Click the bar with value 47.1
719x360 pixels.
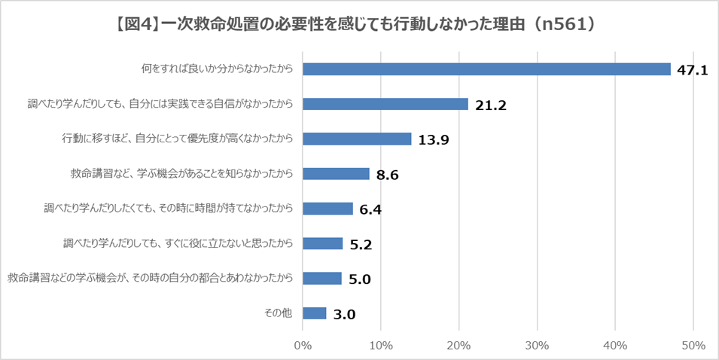tap(486, 69)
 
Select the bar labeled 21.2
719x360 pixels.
tap(385, 104)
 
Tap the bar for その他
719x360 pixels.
tap(314, 313)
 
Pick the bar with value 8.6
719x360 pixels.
tap(336, 174)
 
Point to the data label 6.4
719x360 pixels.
tap(371, 210)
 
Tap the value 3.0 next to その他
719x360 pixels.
tap(345, 315)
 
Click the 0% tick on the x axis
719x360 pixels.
tap(303, 346)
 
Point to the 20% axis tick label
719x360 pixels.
tap(459, 346)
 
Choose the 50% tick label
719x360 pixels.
tap(693, 346)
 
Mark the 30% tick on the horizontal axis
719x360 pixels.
tap(537, 346)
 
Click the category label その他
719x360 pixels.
tap(278, 313)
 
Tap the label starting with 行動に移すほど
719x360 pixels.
tap(176, 139)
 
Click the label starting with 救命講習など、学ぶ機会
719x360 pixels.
tap(180, 174)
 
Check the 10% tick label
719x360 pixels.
tap(381, 346)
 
